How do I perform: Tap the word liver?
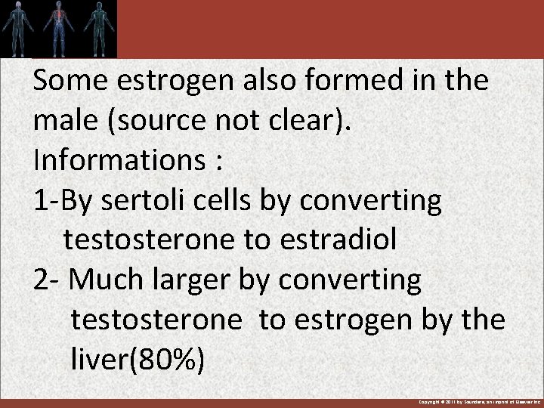coord(99,360)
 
